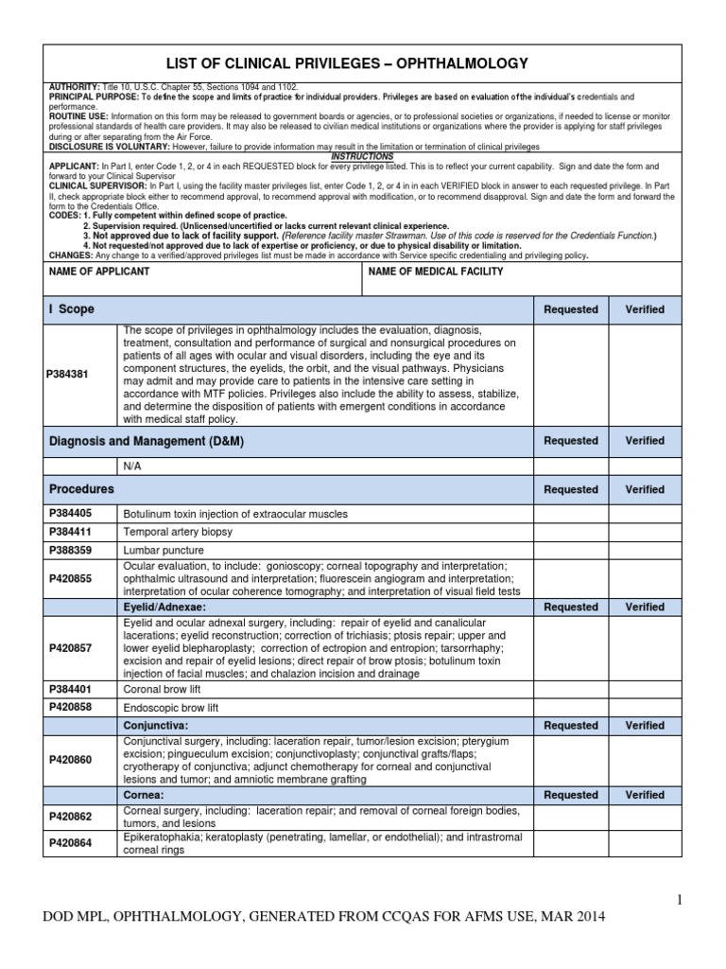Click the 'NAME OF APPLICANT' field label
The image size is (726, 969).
pos(98,272)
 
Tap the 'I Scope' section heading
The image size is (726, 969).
pos(71,309)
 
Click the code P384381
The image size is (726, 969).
pos(67,374)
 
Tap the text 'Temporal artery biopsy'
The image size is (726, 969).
pos(178,532)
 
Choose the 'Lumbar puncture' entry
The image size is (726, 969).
pos(163,549)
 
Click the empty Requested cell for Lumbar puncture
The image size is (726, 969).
pos(571,549)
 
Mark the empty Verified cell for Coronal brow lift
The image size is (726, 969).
pos(645,689)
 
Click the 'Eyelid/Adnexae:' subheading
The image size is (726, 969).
pos(164,607)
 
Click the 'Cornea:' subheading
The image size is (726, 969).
pos(144,795)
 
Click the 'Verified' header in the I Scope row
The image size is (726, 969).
pos(645,309)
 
